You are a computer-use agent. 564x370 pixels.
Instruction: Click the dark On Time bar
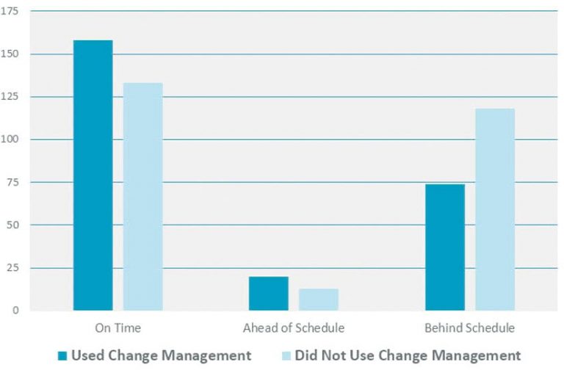tap(93, 175)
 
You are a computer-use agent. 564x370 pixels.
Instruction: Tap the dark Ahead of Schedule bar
tap(268, 294)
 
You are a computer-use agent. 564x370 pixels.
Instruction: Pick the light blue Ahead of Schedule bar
tap(318, 300)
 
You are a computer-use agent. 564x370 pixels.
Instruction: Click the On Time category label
tap(117, 327)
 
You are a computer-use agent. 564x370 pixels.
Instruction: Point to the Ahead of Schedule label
tap(293, 327)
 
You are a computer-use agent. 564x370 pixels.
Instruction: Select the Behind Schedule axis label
tap(469, 327)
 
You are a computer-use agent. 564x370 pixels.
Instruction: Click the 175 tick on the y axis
tap(11, 12)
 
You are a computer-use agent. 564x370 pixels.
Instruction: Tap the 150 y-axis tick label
tap(11, 54)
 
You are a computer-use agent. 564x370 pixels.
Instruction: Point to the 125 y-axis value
tap(11, 97)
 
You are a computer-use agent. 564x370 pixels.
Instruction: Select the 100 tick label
tap(11, 139)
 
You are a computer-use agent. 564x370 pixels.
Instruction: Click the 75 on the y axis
tap(13, 182)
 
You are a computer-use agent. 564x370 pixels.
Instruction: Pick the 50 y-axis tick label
tap(13, 225)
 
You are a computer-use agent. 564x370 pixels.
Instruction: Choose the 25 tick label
tap(13, 268)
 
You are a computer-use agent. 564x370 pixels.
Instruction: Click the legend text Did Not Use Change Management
tap(408, 356)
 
